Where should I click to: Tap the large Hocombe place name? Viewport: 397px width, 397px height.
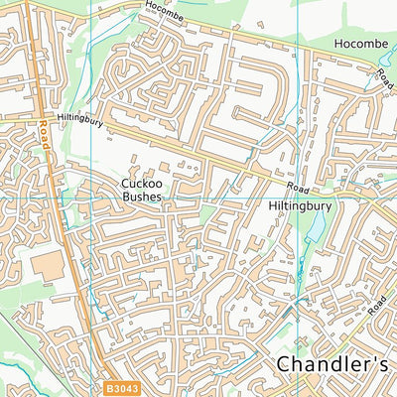(x=362, y=44)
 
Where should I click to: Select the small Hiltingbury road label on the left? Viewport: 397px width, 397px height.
(x=79, y=117)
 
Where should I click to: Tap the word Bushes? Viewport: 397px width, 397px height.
(x=141, y=197)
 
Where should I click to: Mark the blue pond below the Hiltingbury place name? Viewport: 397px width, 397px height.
(x=316, y=231)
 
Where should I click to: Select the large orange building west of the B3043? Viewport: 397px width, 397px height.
(x=47, y=265)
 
